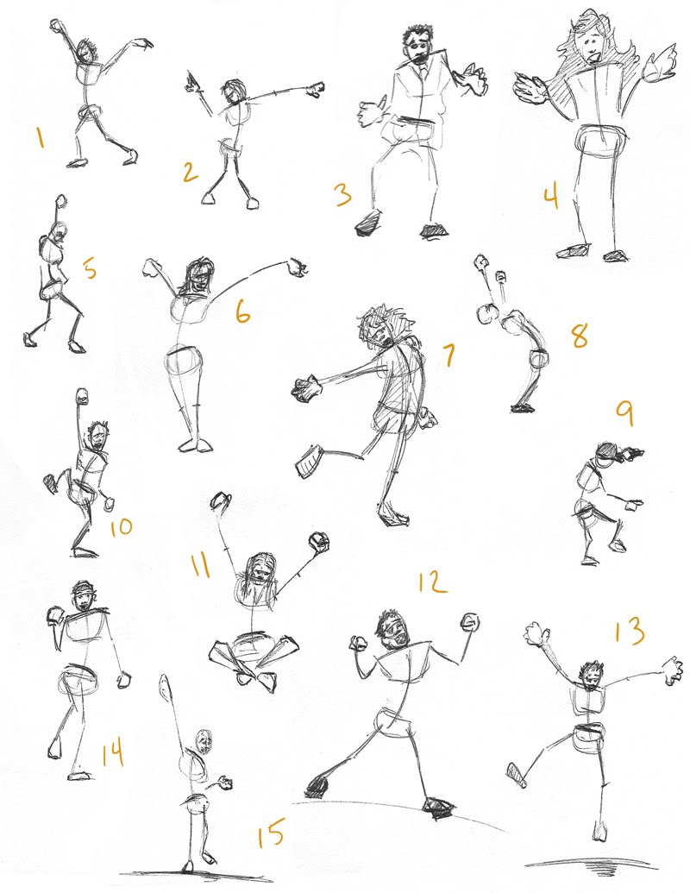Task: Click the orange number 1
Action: (41, 138)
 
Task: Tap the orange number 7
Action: (449, 355)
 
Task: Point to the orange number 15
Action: (271, 833)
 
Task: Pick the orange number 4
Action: (550, 197)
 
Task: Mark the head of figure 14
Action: (84, 597)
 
